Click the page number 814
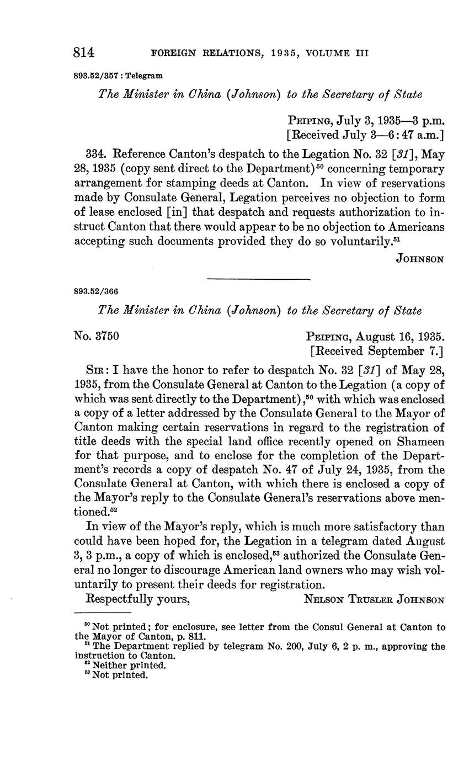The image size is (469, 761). [x=84, y=53]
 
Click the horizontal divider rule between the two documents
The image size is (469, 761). [x=258, y=280]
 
